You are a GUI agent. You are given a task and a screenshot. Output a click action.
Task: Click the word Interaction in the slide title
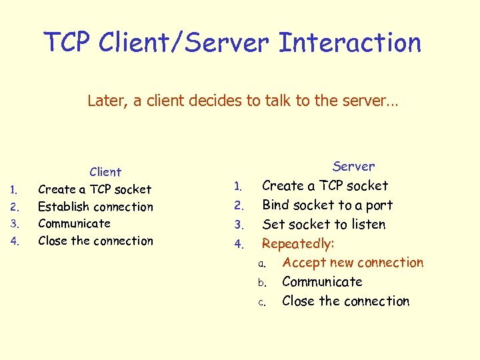pyautogui.click(x=350, y=43)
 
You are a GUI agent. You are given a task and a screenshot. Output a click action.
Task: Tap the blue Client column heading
pyautogui.click(x=105, y=172)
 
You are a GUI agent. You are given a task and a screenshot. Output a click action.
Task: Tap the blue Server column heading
pyautogui.click(x=353, y=166)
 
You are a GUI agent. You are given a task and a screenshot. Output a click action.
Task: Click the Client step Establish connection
pyautogui.click(x=95, y=207)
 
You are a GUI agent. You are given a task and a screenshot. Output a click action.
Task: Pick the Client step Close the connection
pyautogui.click(x=95, y=241)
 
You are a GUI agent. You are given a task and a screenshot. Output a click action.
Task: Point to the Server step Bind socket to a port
pyautogui.click(x=327, y=205)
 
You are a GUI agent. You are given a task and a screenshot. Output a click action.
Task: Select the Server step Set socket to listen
pyautogui.click(x=323, y=224)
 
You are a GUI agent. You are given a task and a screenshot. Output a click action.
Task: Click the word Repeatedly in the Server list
pyautogui.click(x=298, y=243)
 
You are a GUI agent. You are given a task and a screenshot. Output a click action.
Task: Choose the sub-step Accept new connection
pyautogui.click(x=353, y=263)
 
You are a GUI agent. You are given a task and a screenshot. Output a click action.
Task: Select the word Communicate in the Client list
pyautogui.click(x=74, y=223)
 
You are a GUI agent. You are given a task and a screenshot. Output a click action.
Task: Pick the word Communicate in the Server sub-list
pyautogui.click(x=322, y=282)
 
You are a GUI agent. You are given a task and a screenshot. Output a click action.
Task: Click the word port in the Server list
pyautogui.click(x=379, y=205)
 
